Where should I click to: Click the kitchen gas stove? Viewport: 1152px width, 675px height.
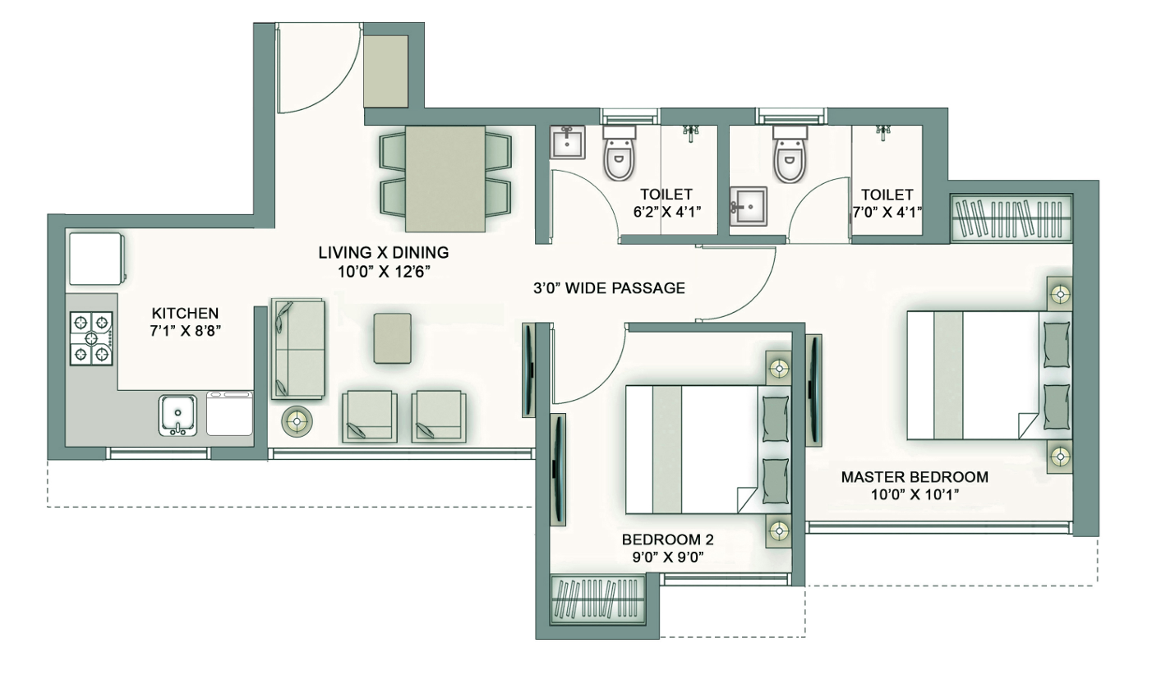pos(91,338)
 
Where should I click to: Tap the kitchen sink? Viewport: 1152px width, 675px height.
pos(177,416)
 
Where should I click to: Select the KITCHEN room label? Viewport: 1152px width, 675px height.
pos(185,313)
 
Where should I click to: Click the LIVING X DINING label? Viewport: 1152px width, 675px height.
pos(383,252)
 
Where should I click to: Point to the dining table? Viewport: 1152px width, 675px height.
pos(445,179)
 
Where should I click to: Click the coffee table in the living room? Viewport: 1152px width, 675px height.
pos(393,338)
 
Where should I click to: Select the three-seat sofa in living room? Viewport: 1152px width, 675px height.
pos(297,348)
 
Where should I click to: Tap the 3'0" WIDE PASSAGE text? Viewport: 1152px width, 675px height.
pos(609,288)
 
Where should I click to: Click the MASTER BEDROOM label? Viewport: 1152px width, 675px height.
pos(915,477)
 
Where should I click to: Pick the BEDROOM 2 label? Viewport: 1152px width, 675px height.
pos(667,540)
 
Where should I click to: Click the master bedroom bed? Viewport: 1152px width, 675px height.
pos(989,375)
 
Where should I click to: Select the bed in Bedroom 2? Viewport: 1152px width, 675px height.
pos(707,449)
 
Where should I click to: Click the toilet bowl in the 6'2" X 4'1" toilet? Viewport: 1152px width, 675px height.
pos(619,157)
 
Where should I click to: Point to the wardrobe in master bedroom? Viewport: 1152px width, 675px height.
pos(1011,218)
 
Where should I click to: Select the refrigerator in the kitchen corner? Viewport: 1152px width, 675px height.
pos(97,259)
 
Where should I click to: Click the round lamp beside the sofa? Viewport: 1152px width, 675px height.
pos(297,422)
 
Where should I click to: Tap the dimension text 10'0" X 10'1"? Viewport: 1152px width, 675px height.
pos(915,494)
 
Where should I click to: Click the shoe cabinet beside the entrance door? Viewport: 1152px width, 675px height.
pos(385,71)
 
